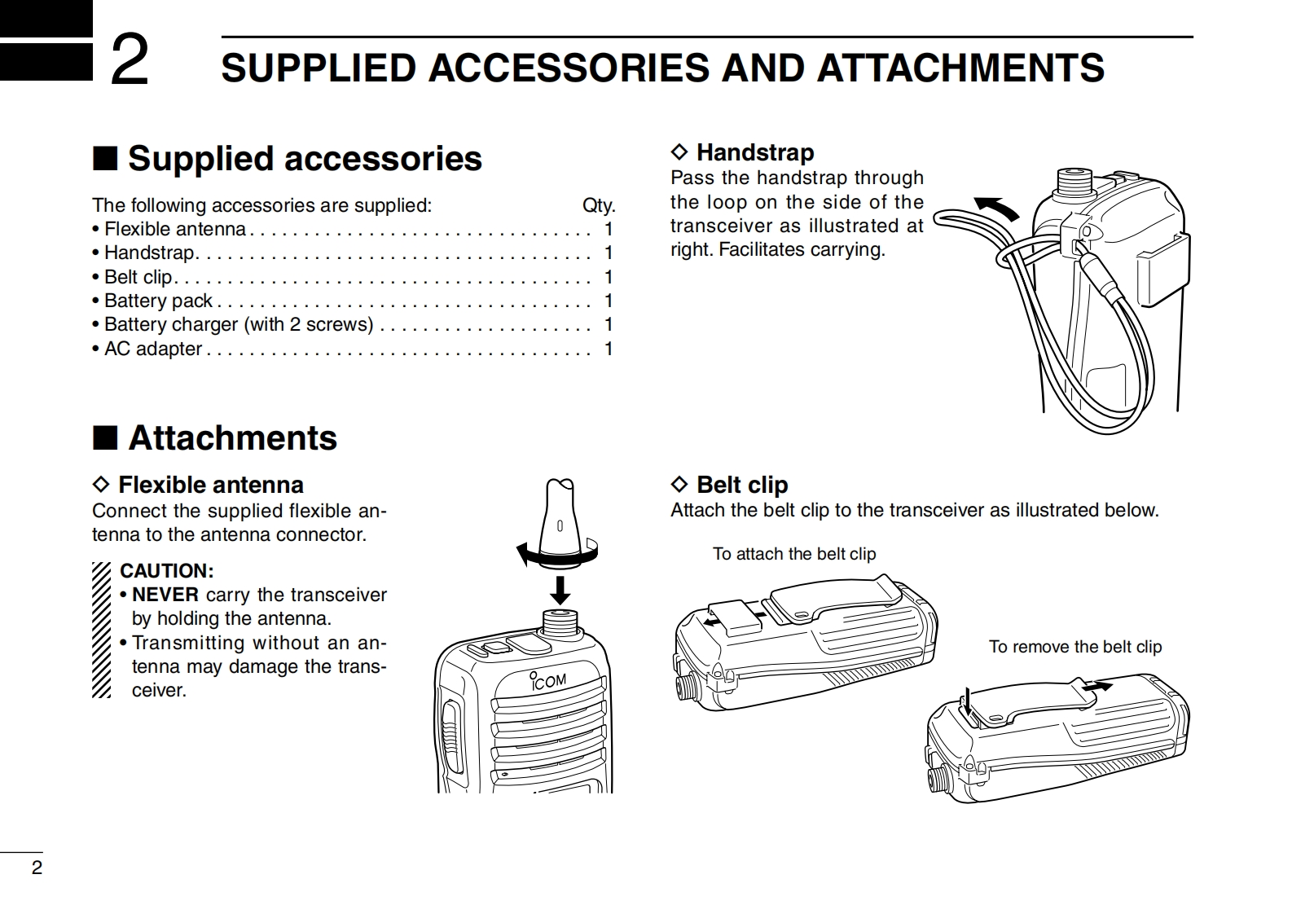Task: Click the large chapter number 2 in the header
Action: [x=130, y=62]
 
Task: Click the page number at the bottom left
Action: [x=37, y=868]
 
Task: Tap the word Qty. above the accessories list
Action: [x=598, y=205]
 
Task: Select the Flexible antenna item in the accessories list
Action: [x=175, y=229]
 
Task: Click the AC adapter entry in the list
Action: [x=153, y=349]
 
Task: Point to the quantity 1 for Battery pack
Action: [x=608, y=301]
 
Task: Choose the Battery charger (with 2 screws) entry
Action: [x=239, y=324]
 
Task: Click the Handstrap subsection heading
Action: [x=754, y=152]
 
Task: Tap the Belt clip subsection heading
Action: [x=741, y=485]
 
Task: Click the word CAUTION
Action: [x=166, y=571]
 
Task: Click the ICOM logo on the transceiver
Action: [x=547, y=681]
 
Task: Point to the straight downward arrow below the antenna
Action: [x=560, y=590]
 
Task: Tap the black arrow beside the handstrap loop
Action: [x=998, y=209]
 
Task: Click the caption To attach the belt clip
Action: [x=793, y=554]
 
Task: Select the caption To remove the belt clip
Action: [x=1074, y=647]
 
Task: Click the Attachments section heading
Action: [x=232, y=438]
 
